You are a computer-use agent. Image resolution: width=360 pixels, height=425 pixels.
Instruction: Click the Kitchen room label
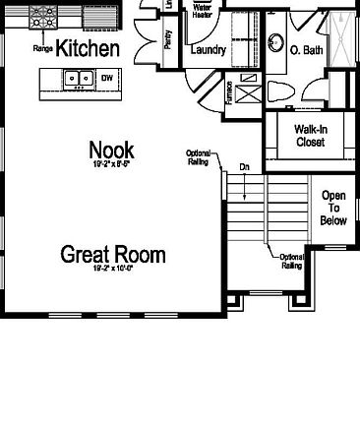click(x=88, y=48)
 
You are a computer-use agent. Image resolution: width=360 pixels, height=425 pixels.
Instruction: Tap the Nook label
click(x=111, y=150)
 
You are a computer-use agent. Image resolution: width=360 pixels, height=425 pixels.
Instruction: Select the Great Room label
click(x=112, y=255)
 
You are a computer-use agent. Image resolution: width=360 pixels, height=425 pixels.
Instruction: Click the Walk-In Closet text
click(x=311, y=136)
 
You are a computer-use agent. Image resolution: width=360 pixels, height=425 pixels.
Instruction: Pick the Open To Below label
click(x=334, y=208)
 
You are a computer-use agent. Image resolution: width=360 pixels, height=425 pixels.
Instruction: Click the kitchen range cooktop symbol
click(x=44, y=17)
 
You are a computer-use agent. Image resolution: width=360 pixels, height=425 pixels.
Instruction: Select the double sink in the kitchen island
click(x=78, y=78)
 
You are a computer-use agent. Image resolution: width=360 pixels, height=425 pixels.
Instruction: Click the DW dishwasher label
click(x=106, y=78)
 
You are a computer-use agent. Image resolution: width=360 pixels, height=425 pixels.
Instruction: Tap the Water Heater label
click(x=205, y=11)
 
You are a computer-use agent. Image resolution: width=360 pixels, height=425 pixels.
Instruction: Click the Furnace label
click(x=229, y=91)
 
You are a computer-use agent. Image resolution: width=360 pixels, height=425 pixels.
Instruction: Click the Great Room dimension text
click(x=112, y=269)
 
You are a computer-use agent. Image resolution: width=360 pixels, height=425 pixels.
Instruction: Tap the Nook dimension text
click(x=111, y=165)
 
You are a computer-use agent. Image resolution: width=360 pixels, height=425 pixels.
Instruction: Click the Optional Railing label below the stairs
click(x=292, y=261)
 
